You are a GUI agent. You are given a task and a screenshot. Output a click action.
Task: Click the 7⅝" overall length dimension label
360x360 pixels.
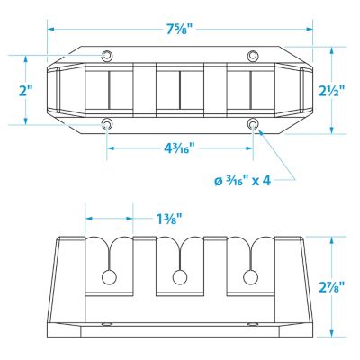[x=180, y=29]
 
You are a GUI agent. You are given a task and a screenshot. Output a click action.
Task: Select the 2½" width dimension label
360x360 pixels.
[x=332, y=91]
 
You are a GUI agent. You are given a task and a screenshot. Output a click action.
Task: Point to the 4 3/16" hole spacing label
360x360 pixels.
[x=180, y=148]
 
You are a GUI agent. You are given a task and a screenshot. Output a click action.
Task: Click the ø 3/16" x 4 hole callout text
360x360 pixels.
[x=243, y=180]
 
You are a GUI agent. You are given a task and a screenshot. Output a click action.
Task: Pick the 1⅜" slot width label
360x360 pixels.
[x=169, y=219]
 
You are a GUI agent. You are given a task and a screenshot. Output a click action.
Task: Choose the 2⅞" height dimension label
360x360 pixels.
[x=331, y=286]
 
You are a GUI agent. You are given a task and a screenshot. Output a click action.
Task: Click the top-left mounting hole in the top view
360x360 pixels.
[x=106, y=56]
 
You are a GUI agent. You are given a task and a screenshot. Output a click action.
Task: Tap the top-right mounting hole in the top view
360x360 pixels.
[x=253, y=56]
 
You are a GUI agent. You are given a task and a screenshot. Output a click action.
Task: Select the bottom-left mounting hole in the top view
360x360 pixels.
[x=106, y=123]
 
